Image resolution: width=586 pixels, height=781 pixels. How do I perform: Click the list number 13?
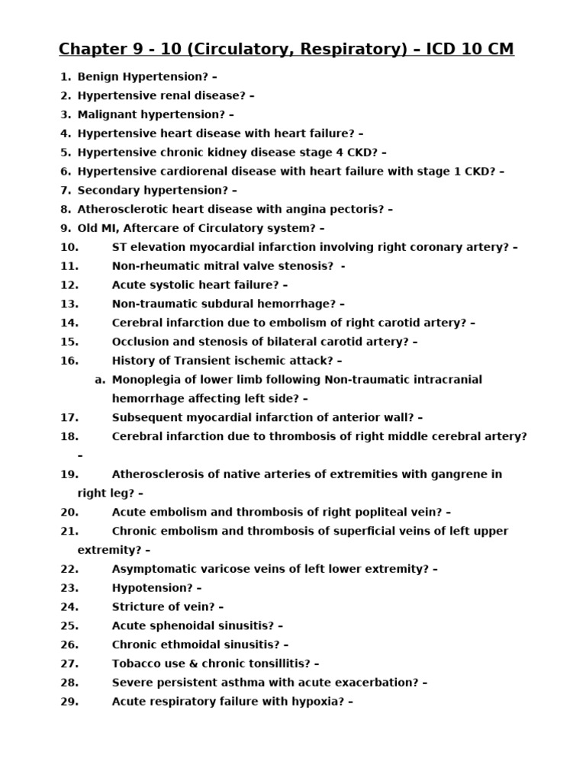pos(69,304)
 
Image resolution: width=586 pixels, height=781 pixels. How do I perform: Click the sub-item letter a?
pos(99,380)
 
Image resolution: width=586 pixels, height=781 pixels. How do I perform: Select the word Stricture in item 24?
pos(138,607)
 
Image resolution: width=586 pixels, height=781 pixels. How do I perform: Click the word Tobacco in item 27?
pos(137,664)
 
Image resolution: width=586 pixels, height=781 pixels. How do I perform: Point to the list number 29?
pos(69,702)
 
